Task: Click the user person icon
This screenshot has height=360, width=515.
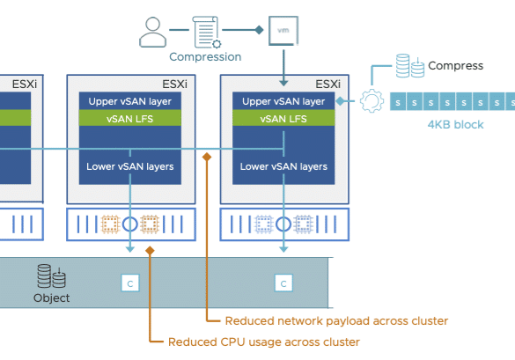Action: [152, 33]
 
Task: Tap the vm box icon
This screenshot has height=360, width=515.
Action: [283, 31]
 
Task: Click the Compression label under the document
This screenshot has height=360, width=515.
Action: [205, 57]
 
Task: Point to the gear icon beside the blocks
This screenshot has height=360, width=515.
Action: [372, 101]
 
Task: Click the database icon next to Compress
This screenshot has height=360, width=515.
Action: [410, 66]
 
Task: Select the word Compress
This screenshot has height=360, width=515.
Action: [455, 66]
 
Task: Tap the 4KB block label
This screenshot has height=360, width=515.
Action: [455, 125]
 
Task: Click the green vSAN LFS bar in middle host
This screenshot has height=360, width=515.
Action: [130, 118]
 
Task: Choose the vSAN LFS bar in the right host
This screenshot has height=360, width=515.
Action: [283, 118]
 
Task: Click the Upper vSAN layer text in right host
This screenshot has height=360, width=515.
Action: [283, 101]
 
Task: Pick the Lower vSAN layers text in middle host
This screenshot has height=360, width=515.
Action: [130, 166]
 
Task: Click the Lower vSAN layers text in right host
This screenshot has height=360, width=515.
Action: [283, 166]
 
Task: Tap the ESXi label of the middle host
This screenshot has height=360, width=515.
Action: [174, 84]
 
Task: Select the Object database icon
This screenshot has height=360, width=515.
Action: [51, 276]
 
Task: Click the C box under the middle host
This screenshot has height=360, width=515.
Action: [130, 283]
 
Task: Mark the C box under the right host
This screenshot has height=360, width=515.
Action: [283, 283]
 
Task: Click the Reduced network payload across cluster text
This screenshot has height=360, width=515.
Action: [336, 321]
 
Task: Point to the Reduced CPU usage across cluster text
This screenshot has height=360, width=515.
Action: [264, 342]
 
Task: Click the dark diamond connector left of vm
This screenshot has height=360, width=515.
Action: [259, 30]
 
